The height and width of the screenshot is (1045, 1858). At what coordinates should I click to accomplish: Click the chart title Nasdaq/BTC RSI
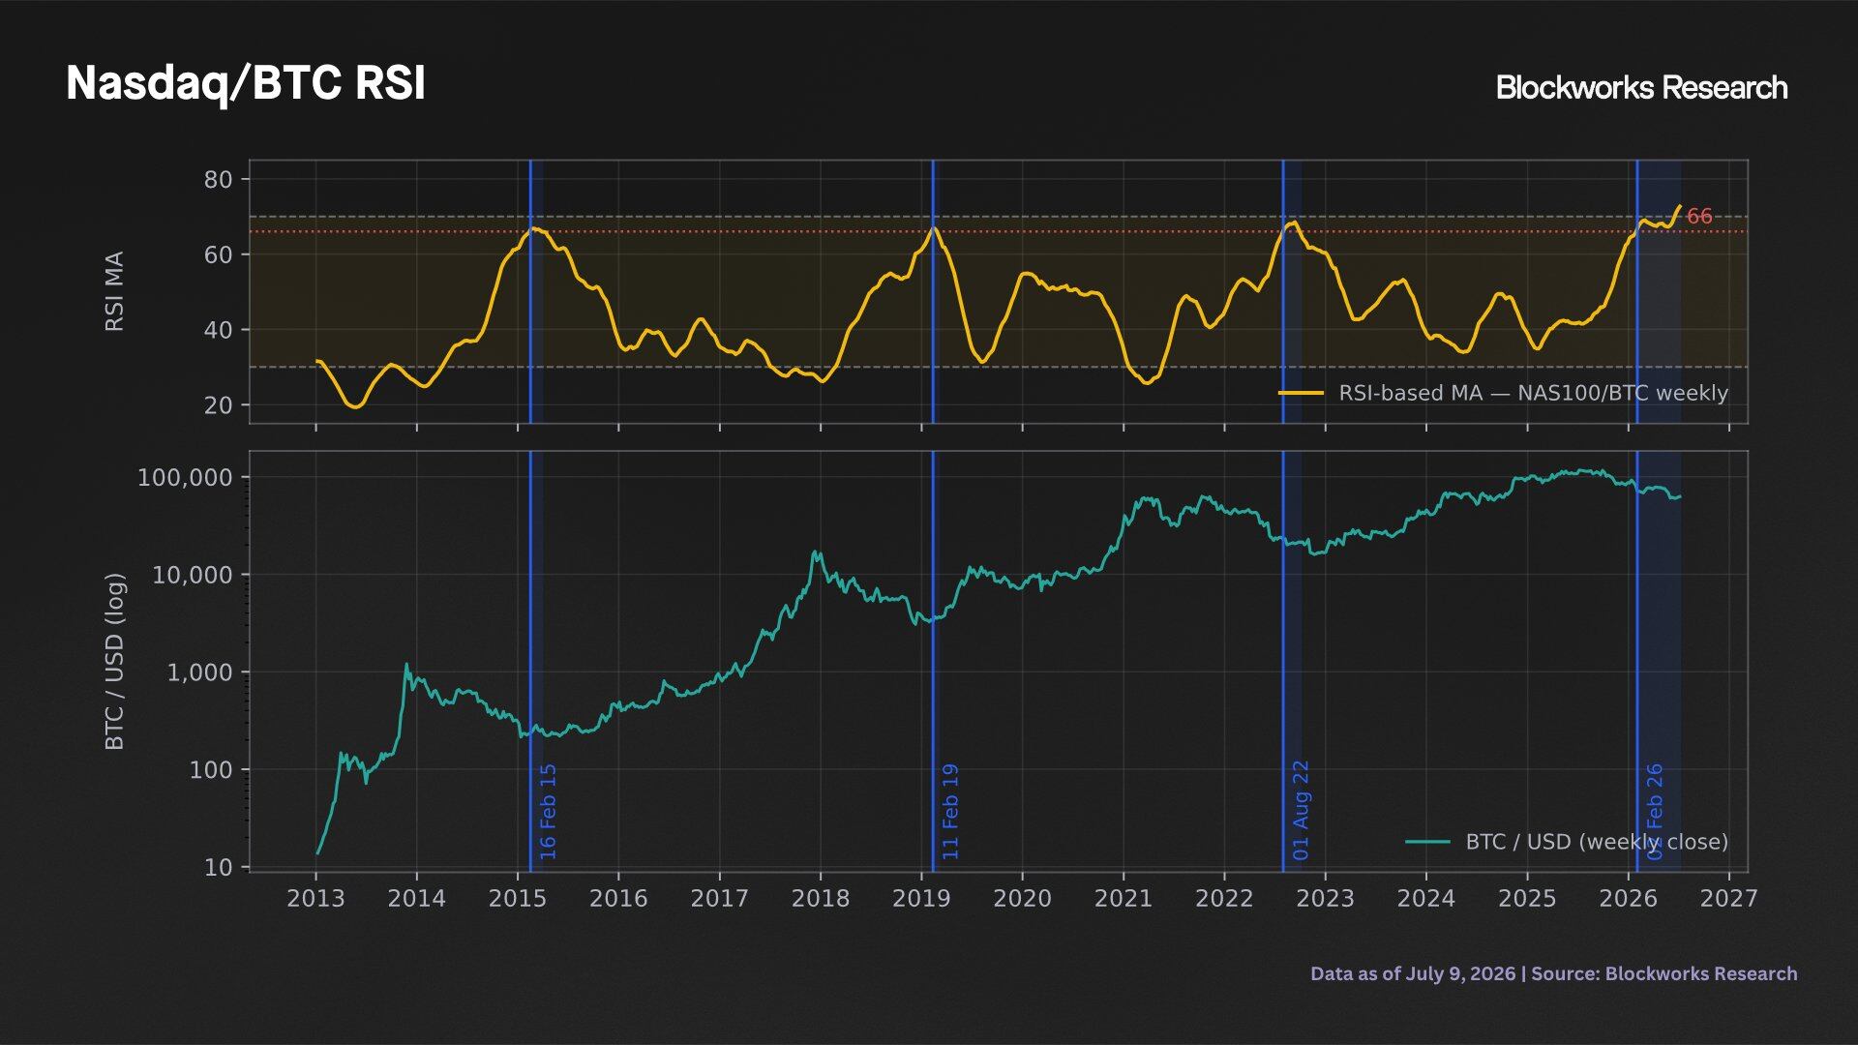[x=246, y=83]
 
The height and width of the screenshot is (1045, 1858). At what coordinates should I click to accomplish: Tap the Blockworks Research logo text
[x=1641, y=87]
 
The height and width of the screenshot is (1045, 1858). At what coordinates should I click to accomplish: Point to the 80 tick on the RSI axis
[x=219, y=179]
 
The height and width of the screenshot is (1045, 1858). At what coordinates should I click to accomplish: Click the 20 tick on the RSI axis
[x=219, y=405]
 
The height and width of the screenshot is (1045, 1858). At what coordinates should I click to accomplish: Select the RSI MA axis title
[x=114, y=291]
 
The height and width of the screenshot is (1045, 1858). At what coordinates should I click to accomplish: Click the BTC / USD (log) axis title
[x=114, y=662]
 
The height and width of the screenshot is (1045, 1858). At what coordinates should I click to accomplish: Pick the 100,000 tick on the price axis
[x=186, y=477]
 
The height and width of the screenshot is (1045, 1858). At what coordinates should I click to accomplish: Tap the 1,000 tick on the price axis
[x=200, y=672]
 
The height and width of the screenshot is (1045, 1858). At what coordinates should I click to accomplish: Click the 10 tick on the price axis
[x=219, y=867]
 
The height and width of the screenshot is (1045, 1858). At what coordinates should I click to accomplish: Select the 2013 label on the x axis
[x=315, y=899]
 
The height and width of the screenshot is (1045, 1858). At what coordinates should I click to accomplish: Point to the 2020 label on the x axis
[x=1022, y=899]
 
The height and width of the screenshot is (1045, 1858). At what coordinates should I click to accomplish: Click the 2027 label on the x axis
[x=1728, y=899]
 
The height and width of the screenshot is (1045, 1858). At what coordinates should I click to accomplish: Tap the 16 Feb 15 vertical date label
[x=548, y=812]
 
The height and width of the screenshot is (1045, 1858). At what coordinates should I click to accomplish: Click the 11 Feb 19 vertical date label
[x=950, y=812]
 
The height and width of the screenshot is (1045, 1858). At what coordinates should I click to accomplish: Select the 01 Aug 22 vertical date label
[x=1301, y=811]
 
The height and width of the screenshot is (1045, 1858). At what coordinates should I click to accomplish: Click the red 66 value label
[x=1699, y=217]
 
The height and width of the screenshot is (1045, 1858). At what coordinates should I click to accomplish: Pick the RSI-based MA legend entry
[x=1503, y=393]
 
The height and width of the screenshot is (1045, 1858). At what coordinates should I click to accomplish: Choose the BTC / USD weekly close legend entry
[x=1567, y=842]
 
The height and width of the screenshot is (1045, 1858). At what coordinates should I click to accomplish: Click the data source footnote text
[x=1554, y=973]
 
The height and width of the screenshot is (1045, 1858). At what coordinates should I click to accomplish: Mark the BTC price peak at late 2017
[x=815, y=552]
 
